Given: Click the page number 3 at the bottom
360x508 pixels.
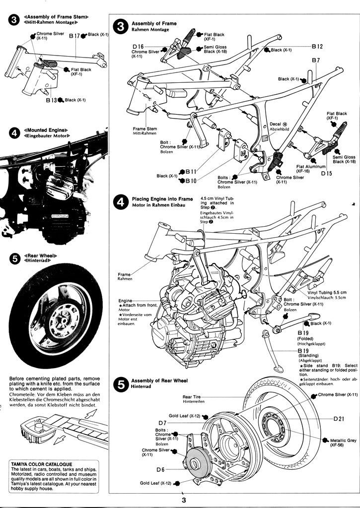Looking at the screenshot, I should [183, 501].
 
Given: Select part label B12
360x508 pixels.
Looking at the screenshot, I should [317, 47].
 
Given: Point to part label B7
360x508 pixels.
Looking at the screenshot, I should [316, 60].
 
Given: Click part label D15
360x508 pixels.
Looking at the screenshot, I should [326, 174].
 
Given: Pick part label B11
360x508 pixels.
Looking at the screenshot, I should [191, 172].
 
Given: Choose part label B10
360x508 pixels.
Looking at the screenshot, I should [191, 181].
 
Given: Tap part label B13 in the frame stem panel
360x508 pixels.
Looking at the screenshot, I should [52, 100].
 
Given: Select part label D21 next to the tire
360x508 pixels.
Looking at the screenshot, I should [339, 419].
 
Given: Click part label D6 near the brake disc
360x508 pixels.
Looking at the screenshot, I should [160, 469].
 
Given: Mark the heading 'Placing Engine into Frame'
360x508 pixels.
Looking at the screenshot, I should [162, 199].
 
